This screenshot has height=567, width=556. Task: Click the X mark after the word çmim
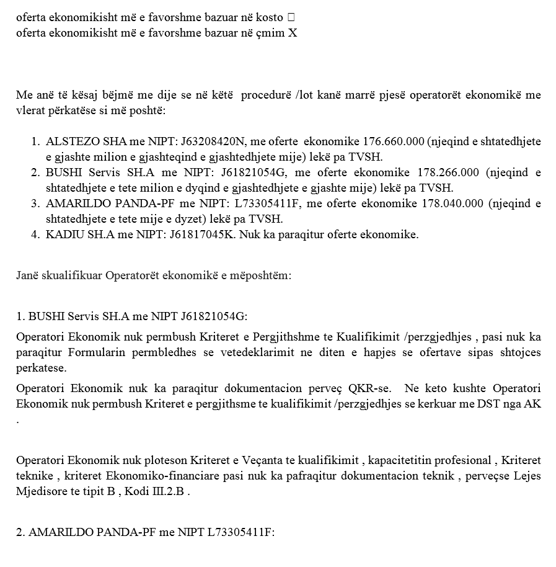point(292,33)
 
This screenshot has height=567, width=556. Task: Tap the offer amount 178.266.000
point(467,172)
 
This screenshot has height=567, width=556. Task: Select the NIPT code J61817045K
point(198,234)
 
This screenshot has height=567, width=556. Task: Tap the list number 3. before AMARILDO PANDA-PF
point(35,203)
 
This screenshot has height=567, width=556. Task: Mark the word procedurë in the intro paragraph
point(267,96)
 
